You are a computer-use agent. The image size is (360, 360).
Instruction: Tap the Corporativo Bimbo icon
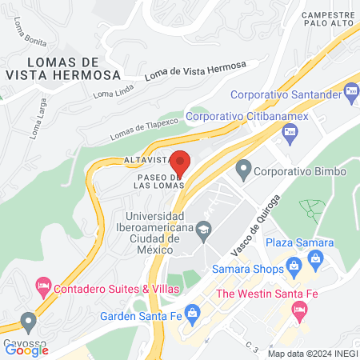(243, 170)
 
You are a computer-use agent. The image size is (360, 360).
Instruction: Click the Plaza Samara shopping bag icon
(315, 258)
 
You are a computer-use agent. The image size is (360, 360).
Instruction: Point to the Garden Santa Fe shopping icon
(191, 312)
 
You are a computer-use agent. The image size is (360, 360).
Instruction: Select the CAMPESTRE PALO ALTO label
(328, 19)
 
